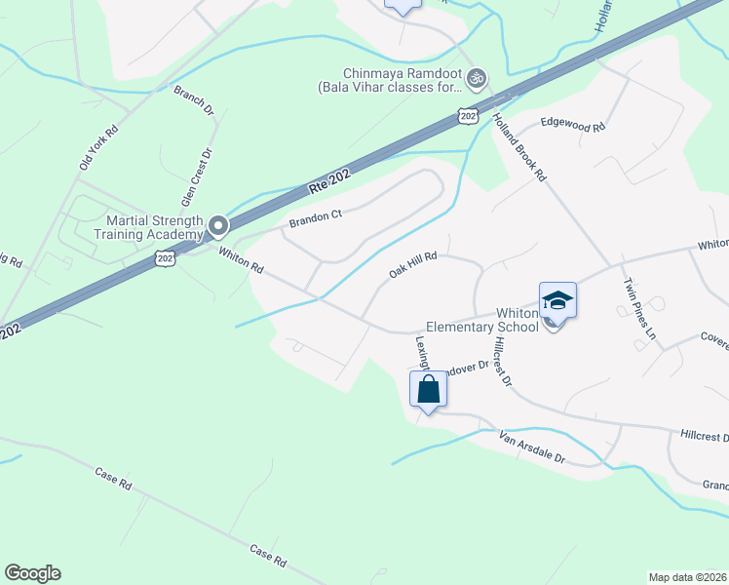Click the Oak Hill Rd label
pos(411,264)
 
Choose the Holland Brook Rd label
pos(518,147)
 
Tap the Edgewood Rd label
pos(573,126)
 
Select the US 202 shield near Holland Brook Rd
pos(468,116)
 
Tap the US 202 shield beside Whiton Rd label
pos(166,257)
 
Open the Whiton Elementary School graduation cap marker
pos(557,300)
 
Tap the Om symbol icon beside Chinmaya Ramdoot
pos(477,76)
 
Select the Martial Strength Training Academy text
pos(148,227)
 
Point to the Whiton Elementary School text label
pos(482,320)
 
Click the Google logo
pos(32,573)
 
